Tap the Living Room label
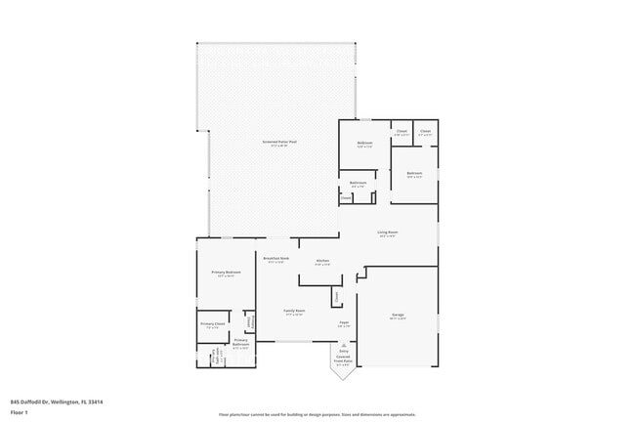(388, 233)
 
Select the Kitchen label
(322, 261)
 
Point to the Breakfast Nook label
(275, 260)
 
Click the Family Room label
(293, 312)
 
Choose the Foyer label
(344, 322)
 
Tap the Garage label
(398, 315)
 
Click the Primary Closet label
(213, 323)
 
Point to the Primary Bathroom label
(240, 341)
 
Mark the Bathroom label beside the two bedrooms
(359, 183)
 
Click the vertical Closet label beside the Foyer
(336, 295)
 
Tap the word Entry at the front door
(343, 352)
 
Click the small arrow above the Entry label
(343, 345)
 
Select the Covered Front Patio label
(343, 360)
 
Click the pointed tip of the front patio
(343, 378)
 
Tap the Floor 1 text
(19, 410)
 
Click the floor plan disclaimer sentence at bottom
(317, 414)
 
